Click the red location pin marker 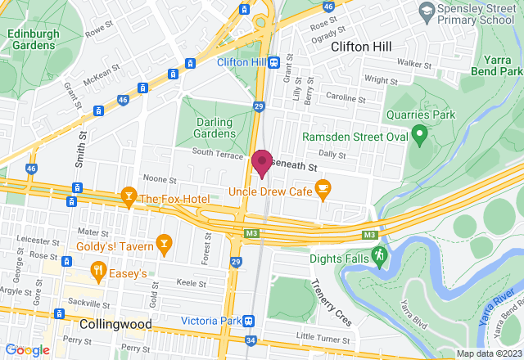click(x=262, y=162)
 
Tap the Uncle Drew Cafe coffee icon click(x=323, y=190)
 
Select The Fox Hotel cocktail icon click(x=128, y=197)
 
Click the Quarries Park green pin click(x=419, y=132)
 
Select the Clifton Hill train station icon click(x=274, y=61)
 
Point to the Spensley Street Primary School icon click(x=426, y=10)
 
